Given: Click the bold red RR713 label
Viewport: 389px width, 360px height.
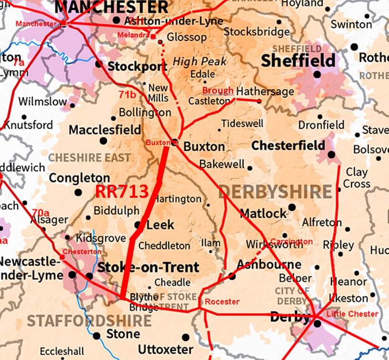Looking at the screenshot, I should click(x=122, y=192).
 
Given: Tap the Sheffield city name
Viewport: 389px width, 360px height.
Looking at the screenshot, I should click(x=298, y=60).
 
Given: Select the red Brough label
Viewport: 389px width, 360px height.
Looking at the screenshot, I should click(x=218, y=90).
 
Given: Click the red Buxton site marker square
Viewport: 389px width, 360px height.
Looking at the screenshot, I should click(x=175, y=142).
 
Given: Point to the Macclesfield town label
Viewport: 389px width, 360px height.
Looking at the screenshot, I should click(x=105, y=130).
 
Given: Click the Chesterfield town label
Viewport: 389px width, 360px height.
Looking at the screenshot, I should click(x=288, y=145).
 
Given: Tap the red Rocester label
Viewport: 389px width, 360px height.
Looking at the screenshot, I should click(x=222, y=302).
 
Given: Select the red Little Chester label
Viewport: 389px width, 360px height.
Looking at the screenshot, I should click(x=352, y=314).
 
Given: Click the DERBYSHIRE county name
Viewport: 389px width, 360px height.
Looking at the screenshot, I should click(x=275, y=192).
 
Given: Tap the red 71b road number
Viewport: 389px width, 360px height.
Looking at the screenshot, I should click(x=127, y=95).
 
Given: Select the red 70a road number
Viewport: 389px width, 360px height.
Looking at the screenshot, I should click(x=41, y=212).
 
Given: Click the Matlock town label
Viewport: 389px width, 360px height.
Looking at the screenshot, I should click(x=263, y=213).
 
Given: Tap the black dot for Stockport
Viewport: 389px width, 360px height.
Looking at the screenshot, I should click(x=98, y=63).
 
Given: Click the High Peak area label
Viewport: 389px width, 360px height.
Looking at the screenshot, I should click(x=199, y=61).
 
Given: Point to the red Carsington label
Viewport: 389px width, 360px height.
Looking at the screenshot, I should click(x=292, y=241).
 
